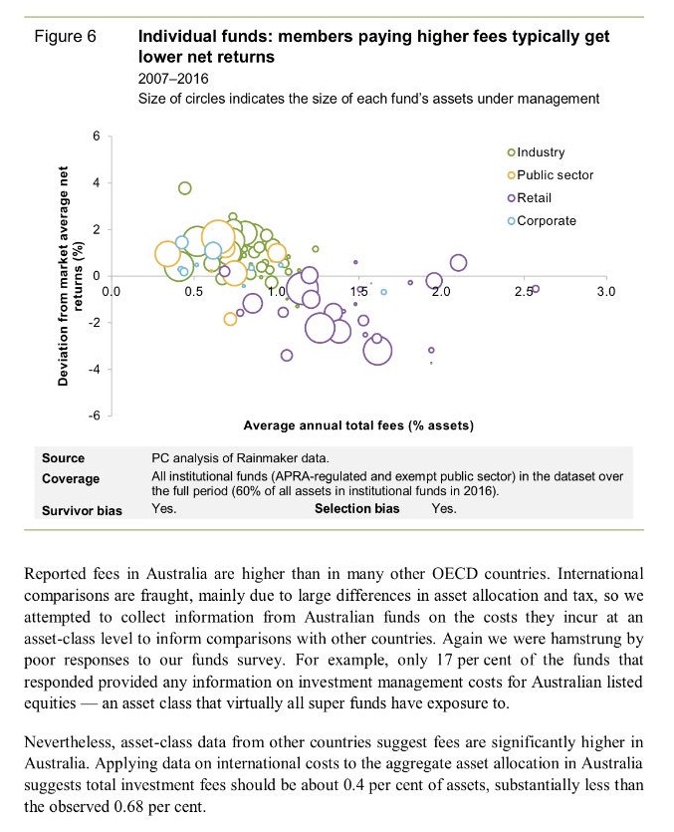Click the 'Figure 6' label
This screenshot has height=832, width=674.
pyautogui.click(x=65, y=37)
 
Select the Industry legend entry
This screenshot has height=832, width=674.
pyautogui.click(x=541, y=152)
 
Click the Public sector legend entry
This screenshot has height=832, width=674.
pyautogui.click(x=555, y=175)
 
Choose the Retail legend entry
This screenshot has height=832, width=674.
pyautogui.click(x=535, y=198)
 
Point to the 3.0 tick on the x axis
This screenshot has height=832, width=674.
pyautogui.click(x=606, y=291)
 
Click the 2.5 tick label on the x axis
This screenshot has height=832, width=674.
pyautogui.click(x=524, y=291)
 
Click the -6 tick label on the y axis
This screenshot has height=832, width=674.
pyautogui.click(x=94, y=415)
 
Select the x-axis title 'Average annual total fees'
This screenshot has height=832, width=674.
pyautogui.click(x=357, y=425)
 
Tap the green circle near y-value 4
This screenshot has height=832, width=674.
pyautogui.click(x=184, y=188)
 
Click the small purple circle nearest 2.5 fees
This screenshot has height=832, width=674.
pyautogui.click(x=535, y=289)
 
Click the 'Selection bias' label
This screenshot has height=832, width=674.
pyautogui.click(x=356, y=510)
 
